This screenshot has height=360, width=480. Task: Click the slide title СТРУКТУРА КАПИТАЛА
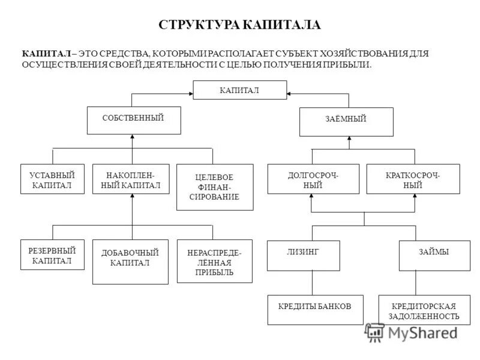pyautogui.click(x=239, y=25)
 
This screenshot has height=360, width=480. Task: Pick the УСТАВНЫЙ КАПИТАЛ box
pyautogui.click(x=52, y=179)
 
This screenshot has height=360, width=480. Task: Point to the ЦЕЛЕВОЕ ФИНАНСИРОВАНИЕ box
pyautogui.click(x=214, y=187)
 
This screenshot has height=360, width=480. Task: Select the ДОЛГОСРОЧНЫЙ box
pyautogui.click(x=313, y=179)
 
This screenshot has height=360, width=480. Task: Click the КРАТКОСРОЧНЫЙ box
pyautogui.click(x=413, y=179)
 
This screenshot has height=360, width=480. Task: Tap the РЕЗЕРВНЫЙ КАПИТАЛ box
pyautogui.click(x=52, y=255)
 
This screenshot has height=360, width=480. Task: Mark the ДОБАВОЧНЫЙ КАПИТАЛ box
pyautogui.click(x=130, y=262)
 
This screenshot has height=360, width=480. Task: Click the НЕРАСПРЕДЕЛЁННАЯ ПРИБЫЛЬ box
pyautogui.click(x=214, y=262)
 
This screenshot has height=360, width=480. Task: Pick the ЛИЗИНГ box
pyautogui.click(x=303, y=255)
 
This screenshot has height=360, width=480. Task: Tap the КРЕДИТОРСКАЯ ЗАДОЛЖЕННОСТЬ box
pyautogui.click(x=424, y=311)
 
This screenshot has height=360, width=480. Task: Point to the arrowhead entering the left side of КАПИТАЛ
pyautogui.click(x=190, y=94)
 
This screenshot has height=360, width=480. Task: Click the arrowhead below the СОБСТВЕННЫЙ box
pyautogui.click(x=132, y=137)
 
